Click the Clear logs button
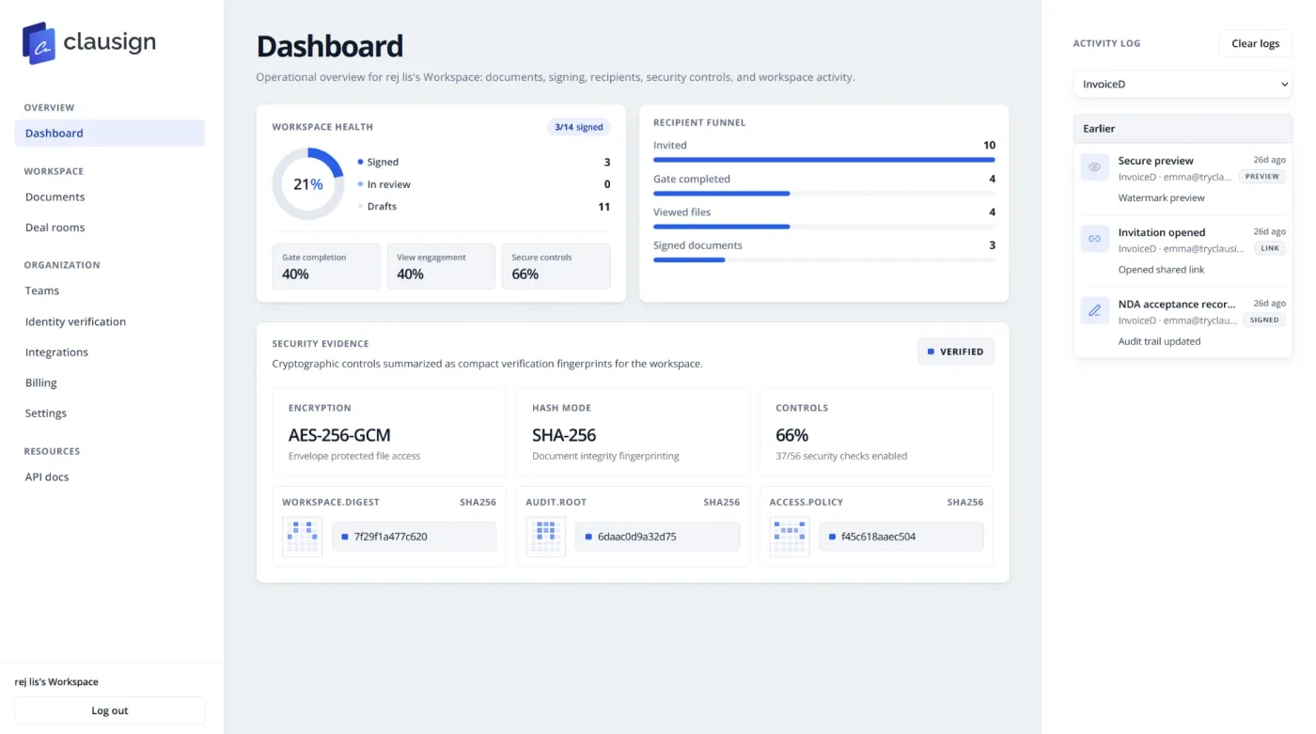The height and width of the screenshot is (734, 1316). tap(1255, 43)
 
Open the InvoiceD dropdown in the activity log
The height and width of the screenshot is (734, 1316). tap(1183, 84)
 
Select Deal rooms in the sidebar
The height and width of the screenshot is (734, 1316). tap(55, 227)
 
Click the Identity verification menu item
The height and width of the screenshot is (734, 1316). tap(75, 321)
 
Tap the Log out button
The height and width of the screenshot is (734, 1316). tap(109, 711)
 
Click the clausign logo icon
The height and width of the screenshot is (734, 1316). tap(39, 43)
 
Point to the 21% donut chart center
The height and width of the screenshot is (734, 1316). tap(308, 184)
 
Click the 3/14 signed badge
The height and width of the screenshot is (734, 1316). tap(579, 127)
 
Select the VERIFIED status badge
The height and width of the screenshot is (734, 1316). tap(955, 351)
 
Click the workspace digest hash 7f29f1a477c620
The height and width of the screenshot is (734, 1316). tap(390, 536)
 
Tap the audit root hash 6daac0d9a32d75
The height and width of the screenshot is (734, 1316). tap(637, 536)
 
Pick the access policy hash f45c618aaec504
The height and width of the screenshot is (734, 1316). tap(878, 536)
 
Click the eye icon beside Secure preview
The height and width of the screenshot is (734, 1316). tap(1094, 166)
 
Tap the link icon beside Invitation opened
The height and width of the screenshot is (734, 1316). tap(1094, 239)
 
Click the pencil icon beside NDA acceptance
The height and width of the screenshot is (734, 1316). tap(1094, 310)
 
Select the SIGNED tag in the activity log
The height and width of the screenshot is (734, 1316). tap(1264, 320)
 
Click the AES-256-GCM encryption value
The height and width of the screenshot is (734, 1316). tap(339, 435)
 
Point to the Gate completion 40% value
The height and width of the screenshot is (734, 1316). tap(295, 274)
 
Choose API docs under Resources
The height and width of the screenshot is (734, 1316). tap(46, 476)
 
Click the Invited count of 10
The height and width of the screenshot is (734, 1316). tap(989, 145)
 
